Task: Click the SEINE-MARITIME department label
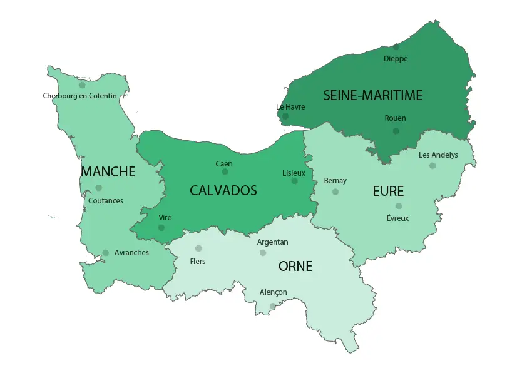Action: tap(373, 95)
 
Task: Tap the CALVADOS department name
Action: tap(223, 190)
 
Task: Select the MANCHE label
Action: tap(108, 171)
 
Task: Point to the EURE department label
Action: tap(388, 191)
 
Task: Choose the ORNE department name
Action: tap(295, 267)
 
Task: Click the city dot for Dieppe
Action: tap(396, 47)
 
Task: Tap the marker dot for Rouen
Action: tap(396, 130)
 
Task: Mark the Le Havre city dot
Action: tap(285, 116)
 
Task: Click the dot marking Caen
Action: tap(225, 171)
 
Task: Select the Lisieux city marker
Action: tap(294, 181)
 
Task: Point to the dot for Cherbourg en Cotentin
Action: tap(82, 85)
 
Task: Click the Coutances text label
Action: tap(106, 201)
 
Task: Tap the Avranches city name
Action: tap(131, 253)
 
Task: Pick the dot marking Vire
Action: tap(161, 228)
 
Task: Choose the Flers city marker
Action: tap(198, 248)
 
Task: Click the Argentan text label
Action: tap(273, 242)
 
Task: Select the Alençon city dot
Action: tap(272, 306)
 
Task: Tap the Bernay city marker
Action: tap(335, 192)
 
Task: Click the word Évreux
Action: tap(397, 218)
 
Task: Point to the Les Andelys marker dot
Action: tap(432, 166)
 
